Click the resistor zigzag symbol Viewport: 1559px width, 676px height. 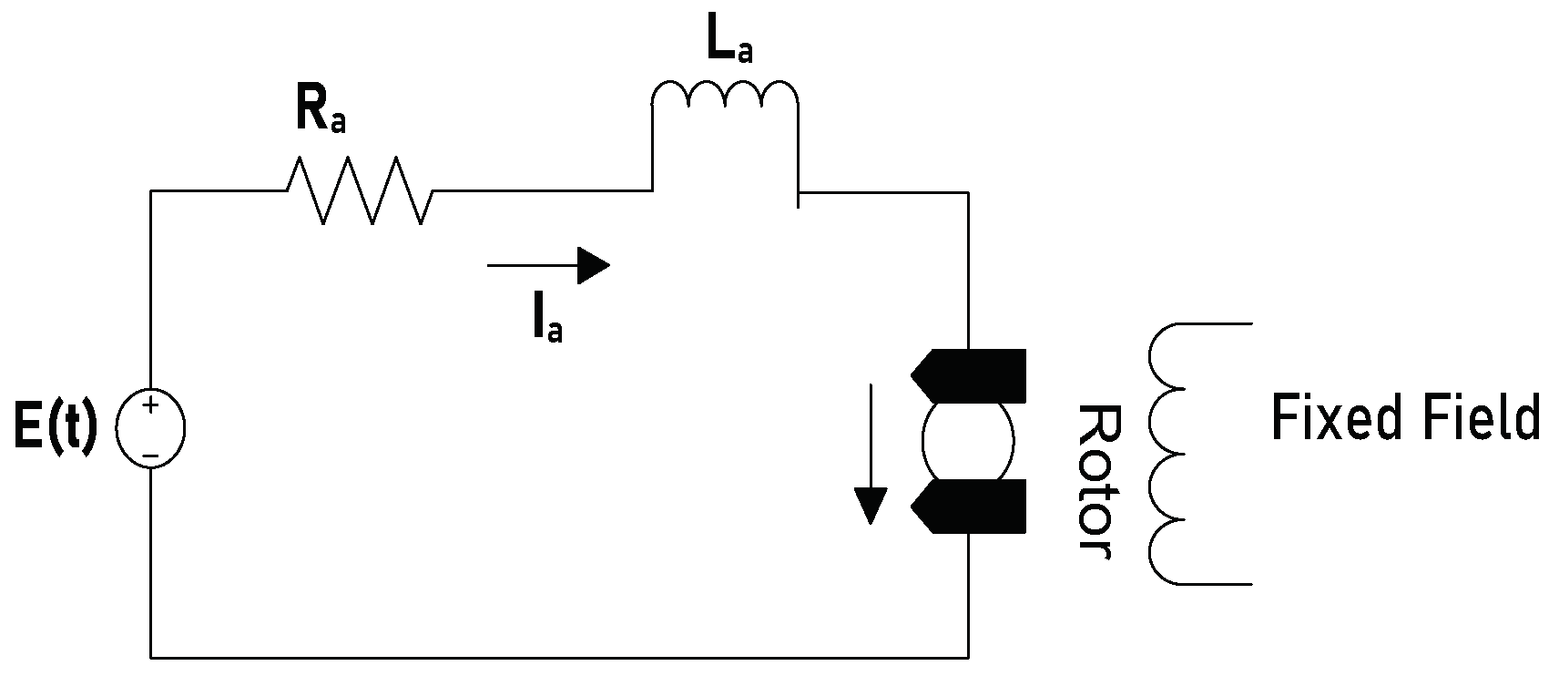(360, 190)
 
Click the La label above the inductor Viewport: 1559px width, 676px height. (729, 42)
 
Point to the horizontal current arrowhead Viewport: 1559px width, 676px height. (593, 265)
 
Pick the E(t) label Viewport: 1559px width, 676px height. (56, 427)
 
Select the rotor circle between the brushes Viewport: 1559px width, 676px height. (968, 442)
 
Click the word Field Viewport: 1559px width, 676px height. (1475, 418)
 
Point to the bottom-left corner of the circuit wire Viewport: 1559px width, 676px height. (151, 656)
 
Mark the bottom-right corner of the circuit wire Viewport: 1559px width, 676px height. (968, 656)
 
